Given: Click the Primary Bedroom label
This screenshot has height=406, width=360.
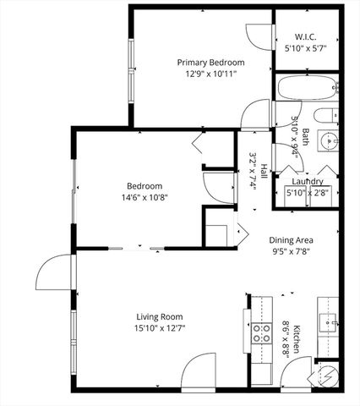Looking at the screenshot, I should [210, 62].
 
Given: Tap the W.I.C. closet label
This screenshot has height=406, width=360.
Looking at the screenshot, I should [305, 36].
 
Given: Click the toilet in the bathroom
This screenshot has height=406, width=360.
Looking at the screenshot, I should [325, 118].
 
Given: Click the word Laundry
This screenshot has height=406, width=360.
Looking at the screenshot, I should [308, 181].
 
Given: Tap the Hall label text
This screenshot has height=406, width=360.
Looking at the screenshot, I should [264, 170].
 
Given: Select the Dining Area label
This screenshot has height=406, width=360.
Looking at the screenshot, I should [292, 239].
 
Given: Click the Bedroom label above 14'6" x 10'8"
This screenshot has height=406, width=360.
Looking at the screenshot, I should [145, 185].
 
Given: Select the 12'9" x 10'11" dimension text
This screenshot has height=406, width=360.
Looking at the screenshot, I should [210, 74].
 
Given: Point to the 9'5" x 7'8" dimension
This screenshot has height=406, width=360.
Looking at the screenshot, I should [292, 251].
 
